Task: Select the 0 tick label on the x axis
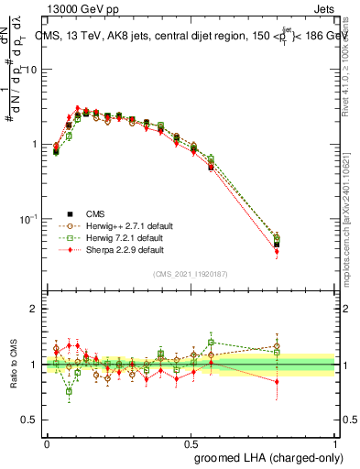47,442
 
